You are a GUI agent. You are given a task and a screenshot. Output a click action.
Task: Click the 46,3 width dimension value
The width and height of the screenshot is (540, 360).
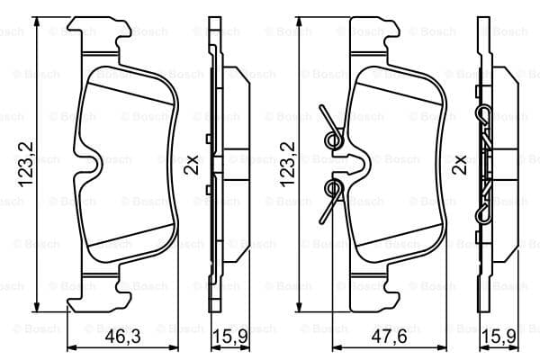122,337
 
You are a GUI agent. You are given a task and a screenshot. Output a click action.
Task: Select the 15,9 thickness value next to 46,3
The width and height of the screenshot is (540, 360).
229,337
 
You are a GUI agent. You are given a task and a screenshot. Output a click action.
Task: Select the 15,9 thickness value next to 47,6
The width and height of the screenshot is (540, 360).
499,337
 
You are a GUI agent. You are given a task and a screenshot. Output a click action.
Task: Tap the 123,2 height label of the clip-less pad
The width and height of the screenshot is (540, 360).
25,164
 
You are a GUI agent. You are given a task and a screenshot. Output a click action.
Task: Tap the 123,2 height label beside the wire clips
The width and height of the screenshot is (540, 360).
287,164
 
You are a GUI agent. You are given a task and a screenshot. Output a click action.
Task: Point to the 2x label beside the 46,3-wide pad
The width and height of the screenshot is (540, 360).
192,165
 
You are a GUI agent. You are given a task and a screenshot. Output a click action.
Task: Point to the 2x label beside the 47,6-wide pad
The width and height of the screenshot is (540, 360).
460,165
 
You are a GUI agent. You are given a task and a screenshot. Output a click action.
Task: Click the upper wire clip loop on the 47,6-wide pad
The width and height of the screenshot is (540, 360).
333,139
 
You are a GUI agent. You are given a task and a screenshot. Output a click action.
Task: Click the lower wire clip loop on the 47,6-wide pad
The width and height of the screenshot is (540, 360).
333,188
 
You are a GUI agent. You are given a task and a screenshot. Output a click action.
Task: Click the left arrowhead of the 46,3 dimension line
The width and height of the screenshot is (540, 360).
70,348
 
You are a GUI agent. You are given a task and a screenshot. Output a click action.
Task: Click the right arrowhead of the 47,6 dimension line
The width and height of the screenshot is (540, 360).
443,348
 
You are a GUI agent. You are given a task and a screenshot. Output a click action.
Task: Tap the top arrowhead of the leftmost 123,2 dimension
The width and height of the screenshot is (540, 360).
38,22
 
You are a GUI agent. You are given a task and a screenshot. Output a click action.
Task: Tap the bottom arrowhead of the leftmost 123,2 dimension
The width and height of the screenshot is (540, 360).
38,307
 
